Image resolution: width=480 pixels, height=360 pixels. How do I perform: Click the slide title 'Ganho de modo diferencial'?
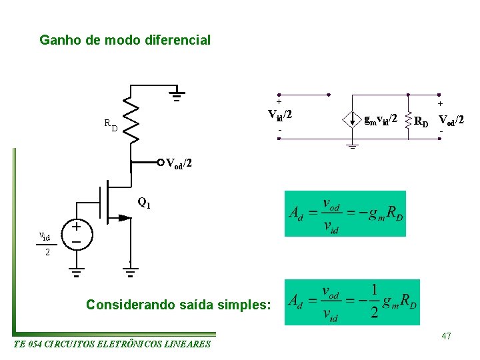[125, 40]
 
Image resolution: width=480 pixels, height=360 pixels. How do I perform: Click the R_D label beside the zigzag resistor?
[111, 124]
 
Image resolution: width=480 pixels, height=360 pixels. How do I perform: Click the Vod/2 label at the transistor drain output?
[179, 163]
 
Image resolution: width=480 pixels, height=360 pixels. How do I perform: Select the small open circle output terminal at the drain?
[161, 162]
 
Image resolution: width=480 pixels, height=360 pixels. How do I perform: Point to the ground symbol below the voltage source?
[77, 271]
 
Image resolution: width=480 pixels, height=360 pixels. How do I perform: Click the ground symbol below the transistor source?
[131, 271]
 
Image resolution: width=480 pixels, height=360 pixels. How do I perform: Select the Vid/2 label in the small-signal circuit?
[281, 115]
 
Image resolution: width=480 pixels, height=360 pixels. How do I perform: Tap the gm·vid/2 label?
[381, 119]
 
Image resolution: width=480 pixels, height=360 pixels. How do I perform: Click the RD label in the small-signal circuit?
[421, 121]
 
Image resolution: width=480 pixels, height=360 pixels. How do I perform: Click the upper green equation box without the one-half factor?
[345, 213]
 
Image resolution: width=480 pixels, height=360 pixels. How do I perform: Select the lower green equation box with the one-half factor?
[352, 302]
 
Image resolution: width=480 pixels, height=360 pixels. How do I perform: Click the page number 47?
[446, 336]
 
